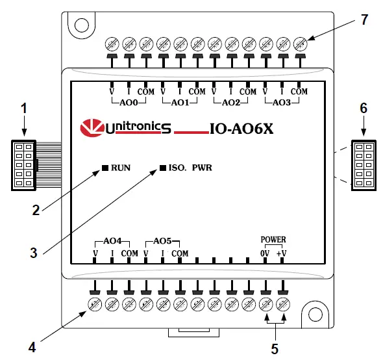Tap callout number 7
pos(364,19)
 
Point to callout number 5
pos(274,348)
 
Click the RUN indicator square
pos(105,168)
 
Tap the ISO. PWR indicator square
pos(163,168)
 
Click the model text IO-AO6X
pos(241,129)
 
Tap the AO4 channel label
pos(113,240)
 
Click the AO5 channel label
pos(162,240)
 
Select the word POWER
pos(273,239)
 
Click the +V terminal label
pos(281,253)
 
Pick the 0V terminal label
pos(265,253)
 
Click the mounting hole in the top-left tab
pos(80,25)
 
